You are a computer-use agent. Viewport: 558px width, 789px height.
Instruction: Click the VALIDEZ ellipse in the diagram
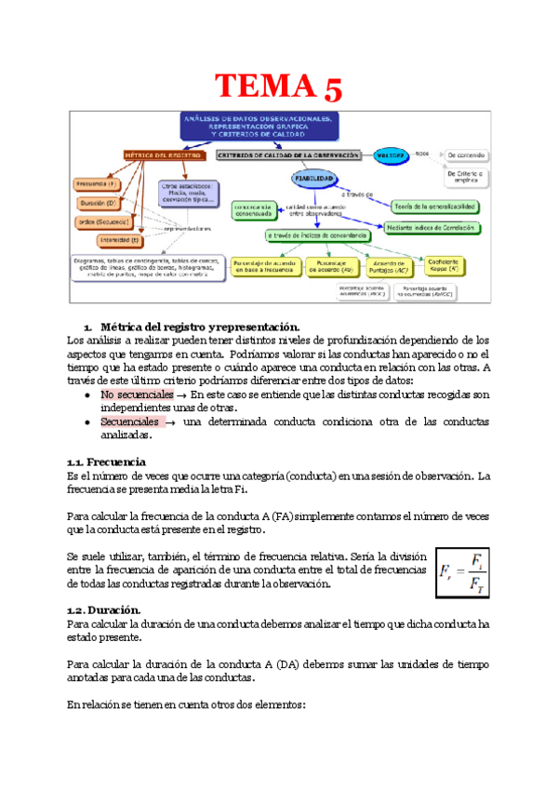(391, 155)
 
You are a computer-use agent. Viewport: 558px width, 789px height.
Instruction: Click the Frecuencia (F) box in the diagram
(99, 184)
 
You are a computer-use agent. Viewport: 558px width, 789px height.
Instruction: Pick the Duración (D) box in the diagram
(99, 203)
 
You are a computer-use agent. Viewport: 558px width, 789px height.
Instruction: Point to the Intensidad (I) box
(98, 239)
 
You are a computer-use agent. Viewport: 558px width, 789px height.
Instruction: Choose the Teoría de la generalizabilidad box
(435, 205)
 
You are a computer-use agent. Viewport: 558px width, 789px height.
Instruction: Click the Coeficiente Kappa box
(450, 265)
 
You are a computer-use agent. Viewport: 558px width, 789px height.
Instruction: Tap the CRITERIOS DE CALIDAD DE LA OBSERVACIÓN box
(287, 155)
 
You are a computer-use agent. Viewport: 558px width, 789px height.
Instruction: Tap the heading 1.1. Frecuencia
(106, 461)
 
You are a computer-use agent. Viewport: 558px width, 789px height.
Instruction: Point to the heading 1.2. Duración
(104, 609)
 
